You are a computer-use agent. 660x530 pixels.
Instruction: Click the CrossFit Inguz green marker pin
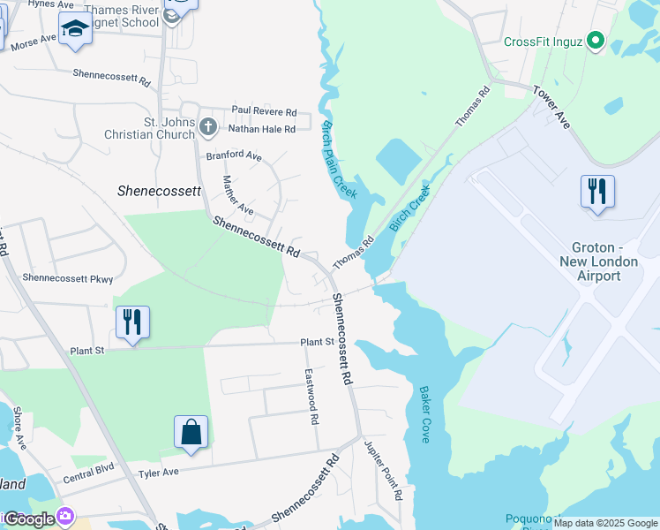(596, 41)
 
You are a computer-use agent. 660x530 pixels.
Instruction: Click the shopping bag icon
(191, 432)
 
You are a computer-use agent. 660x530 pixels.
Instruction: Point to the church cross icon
(207, 127)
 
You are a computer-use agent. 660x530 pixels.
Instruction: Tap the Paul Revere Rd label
(264, 111)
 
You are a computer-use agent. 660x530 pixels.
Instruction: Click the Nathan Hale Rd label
(261, 129)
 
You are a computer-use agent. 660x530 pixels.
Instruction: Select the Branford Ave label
(234, 155)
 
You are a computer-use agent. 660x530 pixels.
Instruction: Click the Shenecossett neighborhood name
(160, 190)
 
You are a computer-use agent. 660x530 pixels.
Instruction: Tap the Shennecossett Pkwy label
(68, 278)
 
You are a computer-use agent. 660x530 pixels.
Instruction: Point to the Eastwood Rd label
(311, 397)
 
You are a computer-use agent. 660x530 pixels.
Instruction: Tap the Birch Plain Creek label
(340, 159)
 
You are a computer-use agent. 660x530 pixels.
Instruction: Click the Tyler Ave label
(159, 473)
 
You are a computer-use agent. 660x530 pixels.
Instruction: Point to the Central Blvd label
(89, 479)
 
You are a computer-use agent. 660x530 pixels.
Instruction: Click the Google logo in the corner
(30, 519)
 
